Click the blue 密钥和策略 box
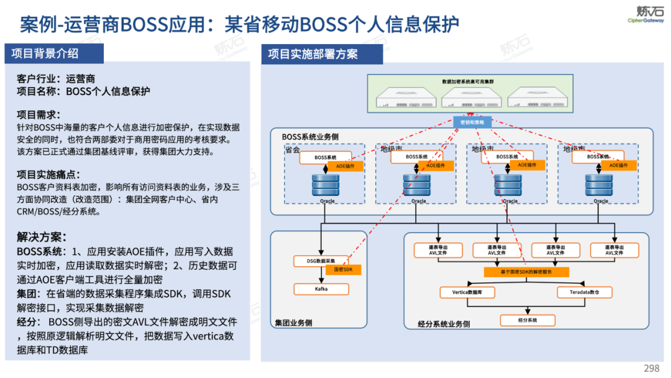pos(472,122)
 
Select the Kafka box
pos(321,289)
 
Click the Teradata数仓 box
pos(582,292)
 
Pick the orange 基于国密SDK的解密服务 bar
pos(527,272)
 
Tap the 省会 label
pos(293,149)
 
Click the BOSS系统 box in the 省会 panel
pos(325,157)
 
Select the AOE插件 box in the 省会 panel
pos(345,166)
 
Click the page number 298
pos(651,368)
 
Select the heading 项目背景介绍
pos(45,53)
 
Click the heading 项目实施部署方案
pos(313,54)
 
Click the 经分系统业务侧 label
pos(444,324)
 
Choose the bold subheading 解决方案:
pos(42,237)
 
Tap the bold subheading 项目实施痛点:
pos(48,174)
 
